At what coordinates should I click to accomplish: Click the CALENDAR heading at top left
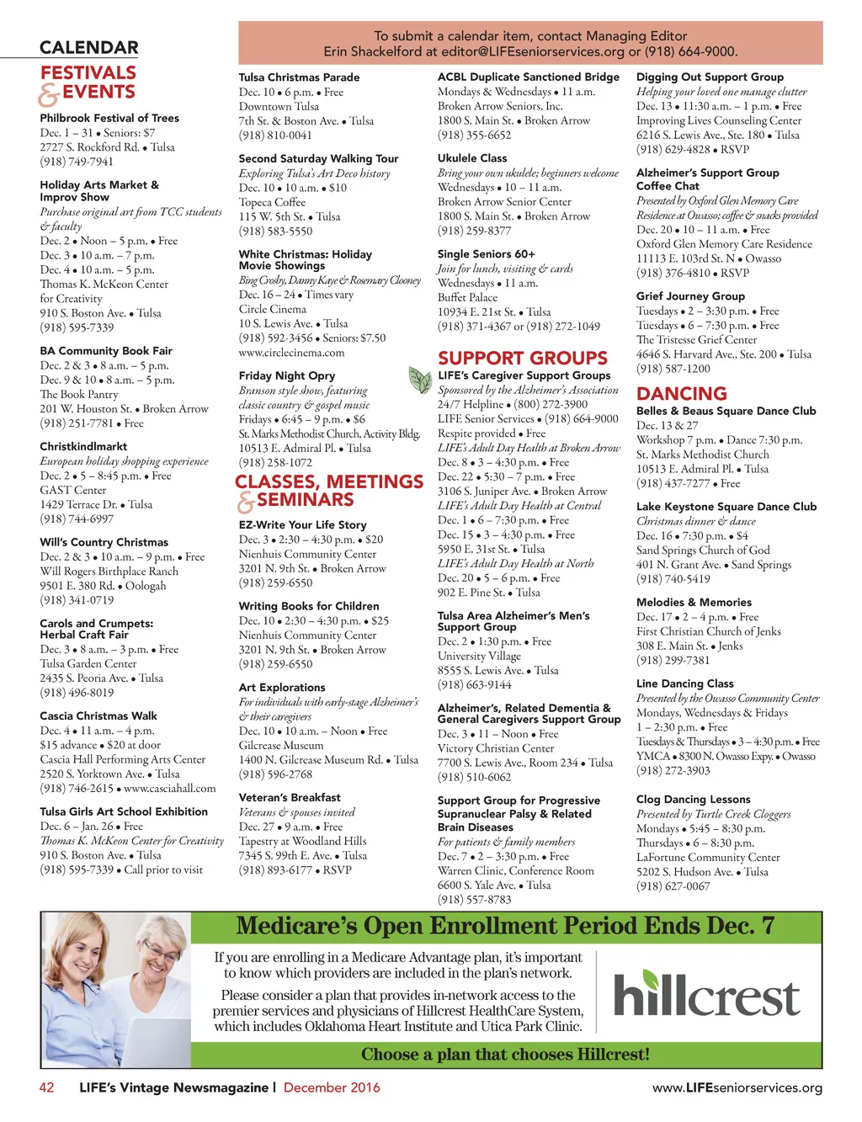[x=88, y=48]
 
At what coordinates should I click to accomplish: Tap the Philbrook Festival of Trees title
[x=109, y=119]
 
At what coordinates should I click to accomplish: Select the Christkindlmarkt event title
[x=83, y=447]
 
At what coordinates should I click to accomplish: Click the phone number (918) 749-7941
[x=77, y=162]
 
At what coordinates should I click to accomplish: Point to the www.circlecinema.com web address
[x=291, y=353]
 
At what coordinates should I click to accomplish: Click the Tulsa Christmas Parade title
[x=299, y=77]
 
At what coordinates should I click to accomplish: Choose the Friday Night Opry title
[x=286, y=376]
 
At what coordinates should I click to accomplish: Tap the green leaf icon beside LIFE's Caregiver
[x=420, y=380]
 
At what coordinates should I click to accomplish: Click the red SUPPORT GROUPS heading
[x=522, y=359]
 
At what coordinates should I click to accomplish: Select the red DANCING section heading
[x=681, y=394]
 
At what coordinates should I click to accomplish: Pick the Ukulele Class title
[x=471, y=158]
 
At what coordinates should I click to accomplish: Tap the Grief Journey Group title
[x=690, y=296]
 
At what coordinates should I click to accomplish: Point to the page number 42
[x=47, y=1087]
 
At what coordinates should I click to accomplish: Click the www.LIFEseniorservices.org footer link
[x=737, y=1088]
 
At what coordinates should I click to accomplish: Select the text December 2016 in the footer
[x=332, y=1087]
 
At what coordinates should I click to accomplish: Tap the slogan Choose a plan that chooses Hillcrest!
[x=505, y=1055]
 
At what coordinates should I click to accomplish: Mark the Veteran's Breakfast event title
[x=290, y=798]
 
